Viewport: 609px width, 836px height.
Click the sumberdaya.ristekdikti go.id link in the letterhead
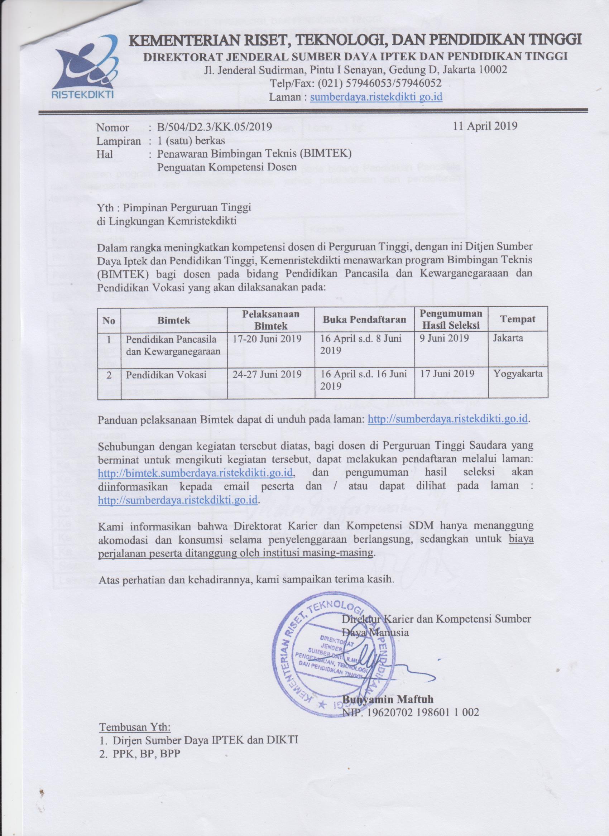377,97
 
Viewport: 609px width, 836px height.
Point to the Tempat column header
517,319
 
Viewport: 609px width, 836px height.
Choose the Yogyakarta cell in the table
517,374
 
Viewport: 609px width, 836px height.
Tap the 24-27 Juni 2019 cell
267,374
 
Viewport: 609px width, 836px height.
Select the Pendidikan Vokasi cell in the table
166,375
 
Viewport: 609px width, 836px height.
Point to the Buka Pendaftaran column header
365,319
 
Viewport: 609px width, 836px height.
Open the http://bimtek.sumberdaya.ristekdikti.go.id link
196,472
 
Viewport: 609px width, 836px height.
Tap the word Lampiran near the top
118,141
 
